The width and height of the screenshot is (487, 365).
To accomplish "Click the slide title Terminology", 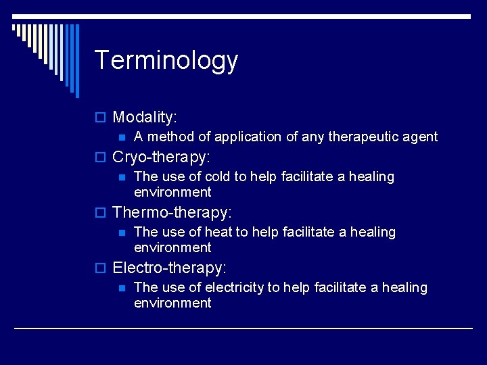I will [x=166, y=60].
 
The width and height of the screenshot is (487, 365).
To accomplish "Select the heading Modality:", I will [x=145, y=117].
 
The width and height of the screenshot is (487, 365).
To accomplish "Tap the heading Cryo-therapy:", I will [x=162, y=157].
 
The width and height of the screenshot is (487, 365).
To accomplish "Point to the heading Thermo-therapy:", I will [x=172, y=212].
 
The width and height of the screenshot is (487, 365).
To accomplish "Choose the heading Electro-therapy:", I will [x=169, y=268].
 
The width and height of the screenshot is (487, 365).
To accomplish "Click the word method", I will [x=169, y=137].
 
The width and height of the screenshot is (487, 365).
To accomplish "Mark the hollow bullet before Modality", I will [x=102, y=118].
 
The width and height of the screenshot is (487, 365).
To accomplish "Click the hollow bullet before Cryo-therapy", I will [x=102, y=158].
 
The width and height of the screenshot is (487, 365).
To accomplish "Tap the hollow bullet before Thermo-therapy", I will [x=102, y=213].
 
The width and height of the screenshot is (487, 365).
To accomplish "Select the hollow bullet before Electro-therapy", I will [x=102, y=268].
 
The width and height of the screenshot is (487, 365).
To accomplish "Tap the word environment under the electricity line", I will [x=172, y=303].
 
